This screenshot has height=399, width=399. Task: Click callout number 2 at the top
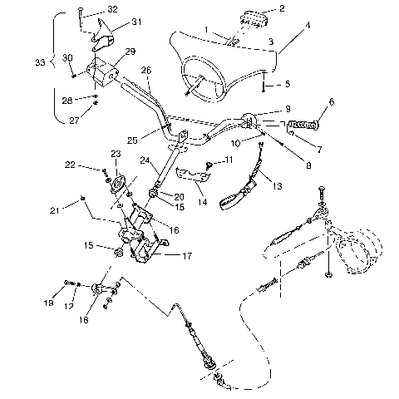(x=282, y=9)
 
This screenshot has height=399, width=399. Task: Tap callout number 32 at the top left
(x=112, y=10)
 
